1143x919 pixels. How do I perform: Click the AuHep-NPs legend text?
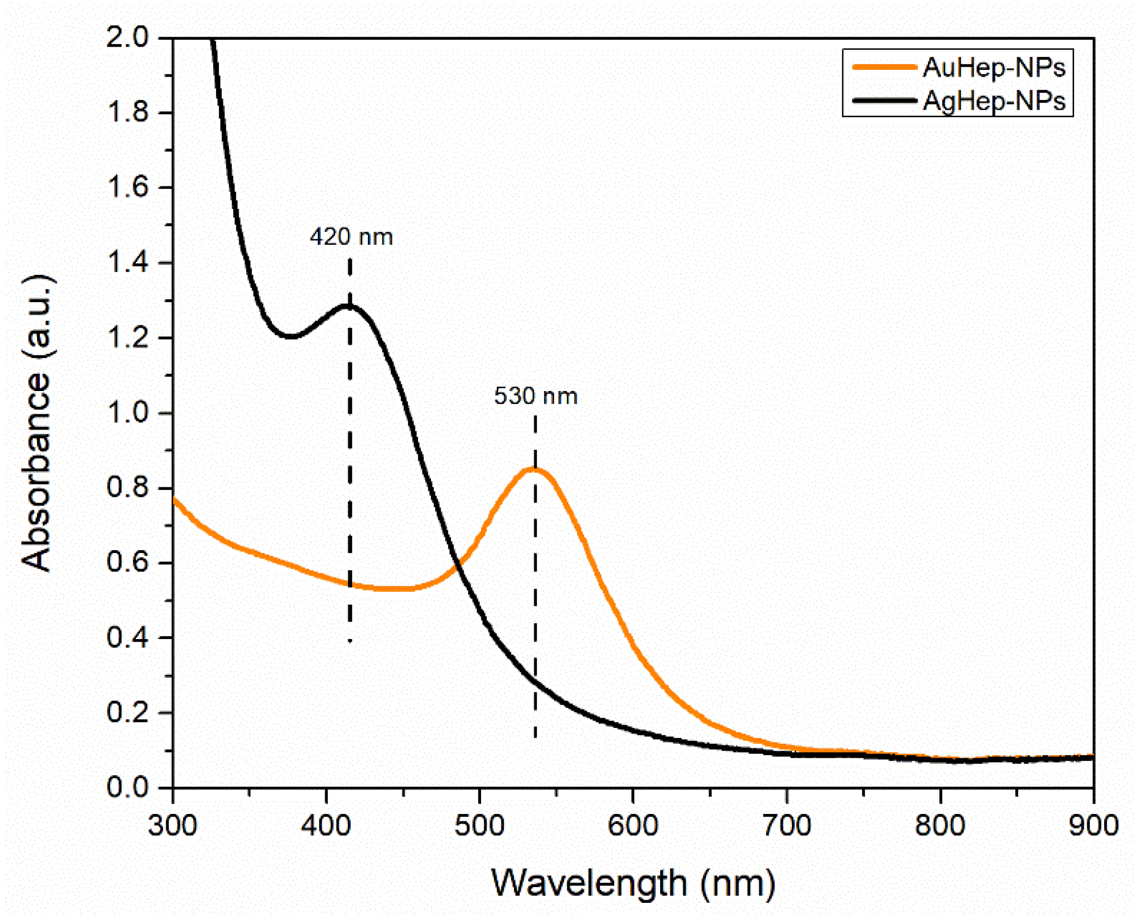(x=994, y=68)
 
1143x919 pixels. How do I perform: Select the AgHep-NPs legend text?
(x=994, y=101)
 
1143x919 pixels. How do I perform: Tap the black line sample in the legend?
(x=884, y=100)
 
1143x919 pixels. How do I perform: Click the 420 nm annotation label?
(x=351, y=237)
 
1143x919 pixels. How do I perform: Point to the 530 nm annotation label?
(x=536, y=396)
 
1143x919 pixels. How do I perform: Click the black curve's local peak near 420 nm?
(x=349, y=306)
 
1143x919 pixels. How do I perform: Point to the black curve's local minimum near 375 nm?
(x=291, y=336)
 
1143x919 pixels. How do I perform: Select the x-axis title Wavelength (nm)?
(x=634, y=883)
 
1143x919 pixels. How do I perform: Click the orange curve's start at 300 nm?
(x=174, y=498)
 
